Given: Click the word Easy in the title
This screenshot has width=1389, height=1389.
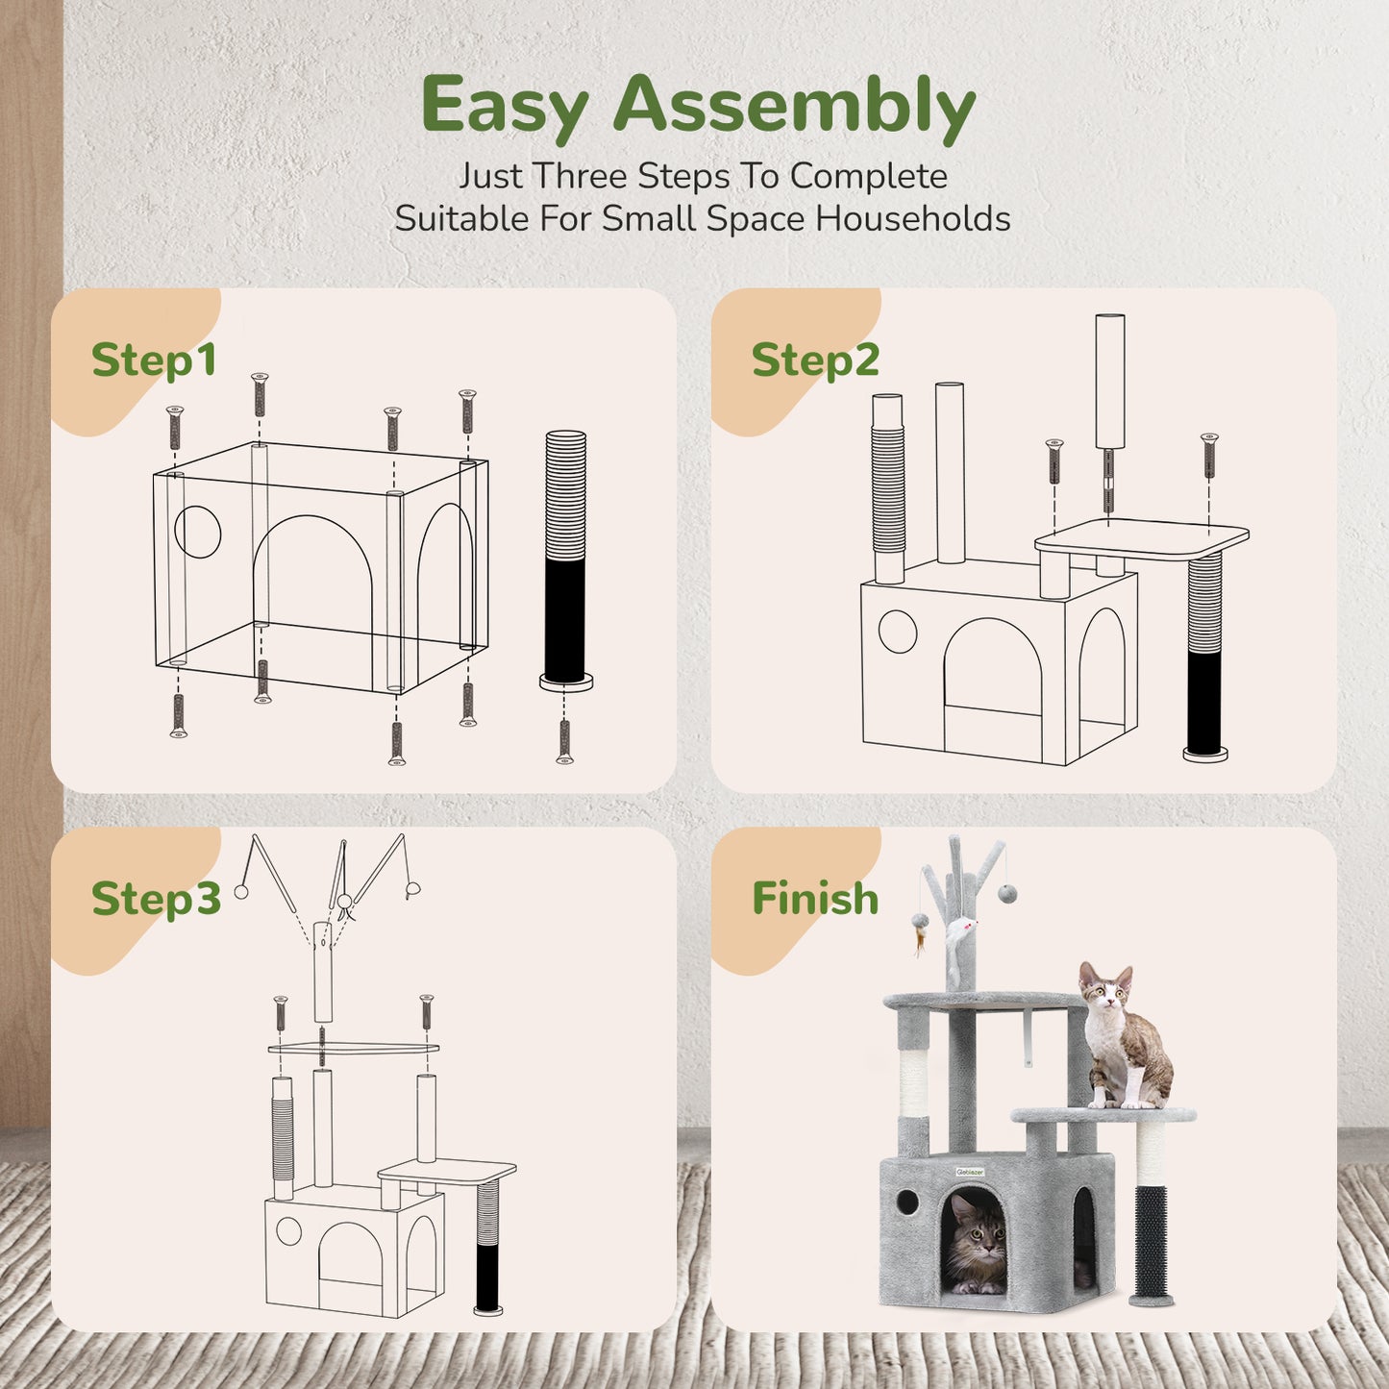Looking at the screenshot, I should pos(505,106).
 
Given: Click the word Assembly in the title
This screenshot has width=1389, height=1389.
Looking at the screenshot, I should pos(794,106).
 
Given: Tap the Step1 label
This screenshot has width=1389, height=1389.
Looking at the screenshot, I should pos(154,360).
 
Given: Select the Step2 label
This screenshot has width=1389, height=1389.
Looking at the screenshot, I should pos(815,360).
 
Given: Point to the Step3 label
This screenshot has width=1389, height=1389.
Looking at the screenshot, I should pos(156,899).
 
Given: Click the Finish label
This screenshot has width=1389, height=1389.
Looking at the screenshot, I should pos(815,899).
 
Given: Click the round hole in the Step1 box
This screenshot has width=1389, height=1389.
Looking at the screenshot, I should pos(198,532).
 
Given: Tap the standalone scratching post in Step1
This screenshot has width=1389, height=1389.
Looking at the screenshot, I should pos(565,558).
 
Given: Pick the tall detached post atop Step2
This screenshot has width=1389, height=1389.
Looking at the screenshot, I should pos(1110,383).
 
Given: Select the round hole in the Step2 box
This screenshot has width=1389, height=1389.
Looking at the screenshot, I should pos(898,632).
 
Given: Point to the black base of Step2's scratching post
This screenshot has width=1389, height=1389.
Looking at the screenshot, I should pos(1205,702).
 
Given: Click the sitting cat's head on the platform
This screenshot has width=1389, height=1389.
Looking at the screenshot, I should pos(1106,989).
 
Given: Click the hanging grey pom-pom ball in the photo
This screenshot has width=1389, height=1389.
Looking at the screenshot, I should pos(1007,894).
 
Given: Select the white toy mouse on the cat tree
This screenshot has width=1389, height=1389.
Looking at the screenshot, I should pos(959,931).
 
